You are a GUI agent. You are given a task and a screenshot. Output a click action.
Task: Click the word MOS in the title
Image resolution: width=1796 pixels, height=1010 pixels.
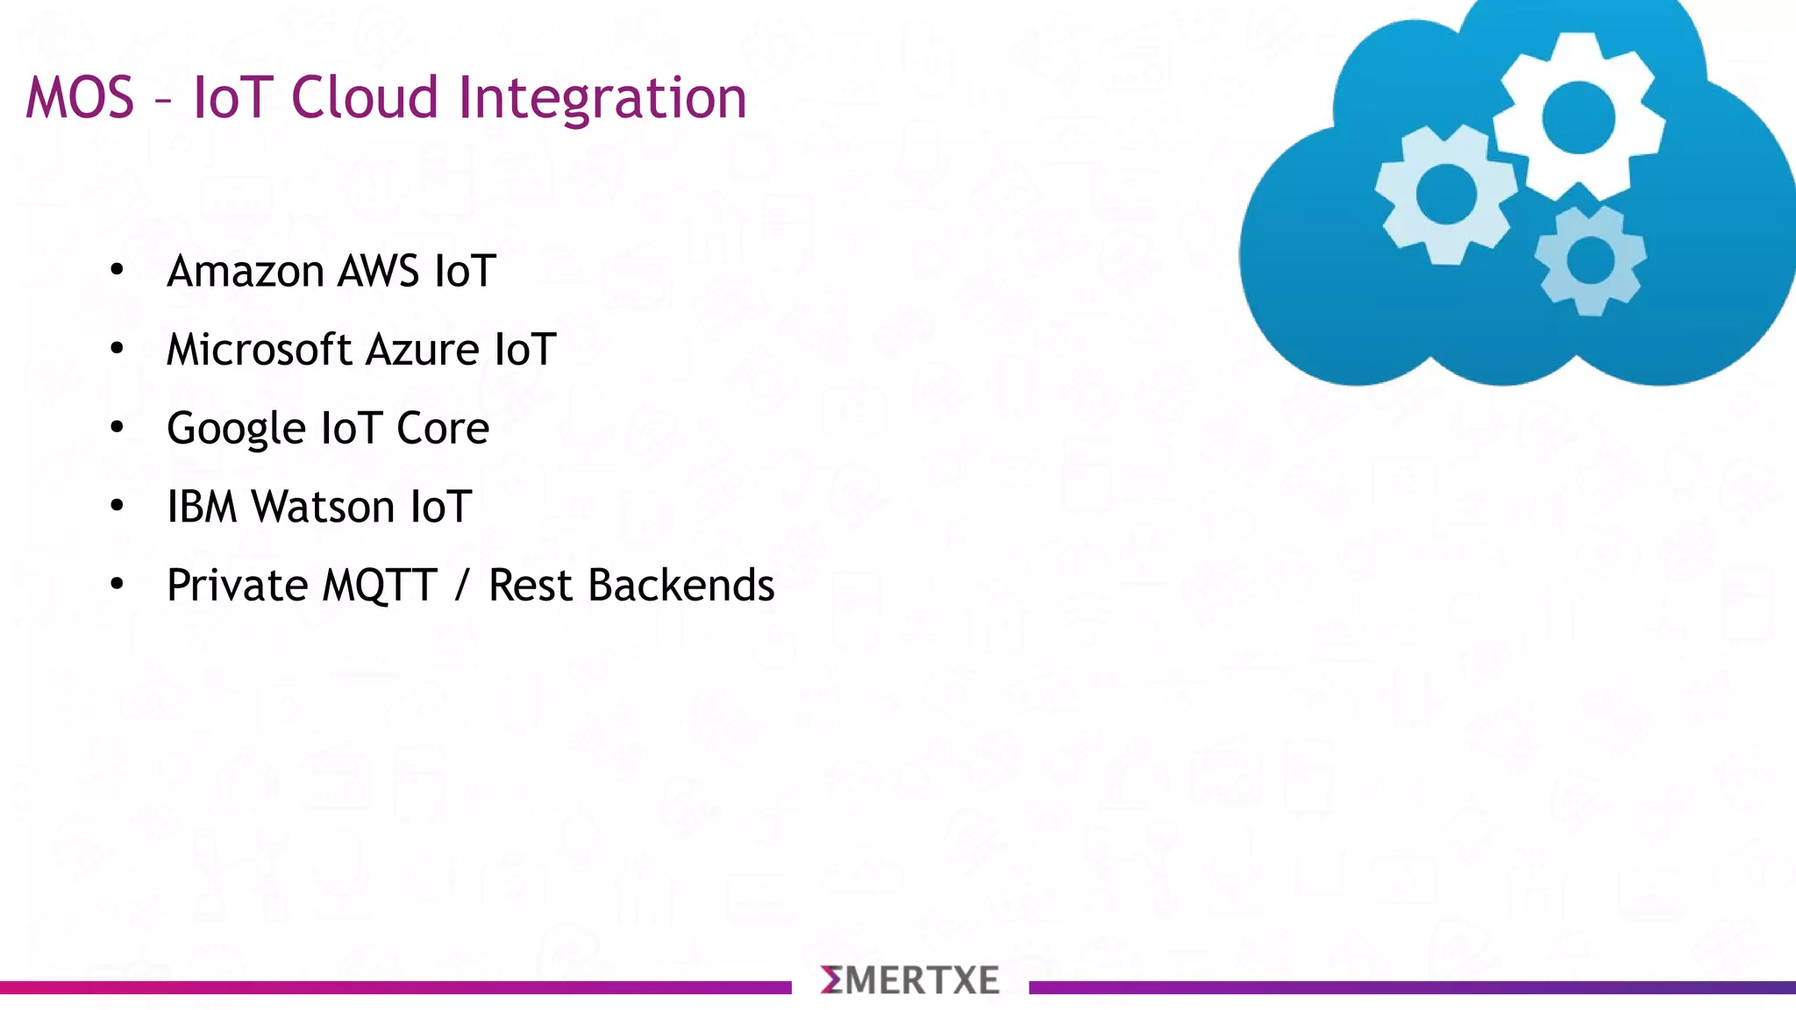pyautogui.click(x=80, y=97)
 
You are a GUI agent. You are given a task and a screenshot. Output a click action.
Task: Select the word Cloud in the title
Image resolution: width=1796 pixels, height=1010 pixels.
pyautogui.click(x=364, y=97)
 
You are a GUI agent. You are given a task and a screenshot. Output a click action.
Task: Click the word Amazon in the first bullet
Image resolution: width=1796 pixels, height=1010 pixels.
pyautogui.click(x=246, y=271)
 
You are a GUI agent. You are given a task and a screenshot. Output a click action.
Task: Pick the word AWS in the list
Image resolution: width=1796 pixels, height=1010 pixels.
pyautogui.click(x=378, y=271)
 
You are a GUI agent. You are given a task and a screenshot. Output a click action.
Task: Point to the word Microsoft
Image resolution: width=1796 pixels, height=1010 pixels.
pyautogui.click(x=259, y=350)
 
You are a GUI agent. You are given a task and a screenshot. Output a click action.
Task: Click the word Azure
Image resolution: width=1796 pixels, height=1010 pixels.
pyautogui.click(x=423, y=350)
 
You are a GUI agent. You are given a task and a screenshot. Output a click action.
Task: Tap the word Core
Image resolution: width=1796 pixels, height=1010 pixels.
pyautogui.click(x=443, y=429)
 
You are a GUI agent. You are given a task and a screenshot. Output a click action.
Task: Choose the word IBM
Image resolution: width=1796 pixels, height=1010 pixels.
pyautogui.click(x=202, y=507)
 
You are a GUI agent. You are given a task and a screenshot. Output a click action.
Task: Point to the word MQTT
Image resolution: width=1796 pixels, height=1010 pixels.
pyautogui.click(x=380, y=586)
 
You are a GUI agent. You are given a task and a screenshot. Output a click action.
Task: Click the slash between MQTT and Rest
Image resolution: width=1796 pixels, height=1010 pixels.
pyautogui.click(x=462, y=586)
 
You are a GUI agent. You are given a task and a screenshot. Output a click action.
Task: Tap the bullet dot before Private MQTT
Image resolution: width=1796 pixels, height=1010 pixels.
pyautogui.click(x=118, y=584)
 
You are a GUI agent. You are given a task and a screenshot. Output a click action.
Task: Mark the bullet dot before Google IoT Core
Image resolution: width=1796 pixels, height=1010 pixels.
pyautogui.click(x=118, y=427)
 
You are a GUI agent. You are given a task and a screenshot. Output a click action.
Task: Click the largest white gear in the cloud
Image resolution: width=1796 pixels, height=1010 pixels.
pyautogui.click(x=1579, y=117)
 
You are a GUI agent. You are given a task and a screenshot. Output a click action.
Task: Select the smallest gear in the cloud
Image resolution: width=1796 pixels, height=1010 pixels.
pyautogui.click(x=1590, y=261)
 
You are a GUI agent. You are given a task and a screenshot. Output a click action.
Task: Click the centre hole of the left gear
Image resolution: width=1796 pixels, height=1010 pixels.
pyautogui.click(x=1446, y=195)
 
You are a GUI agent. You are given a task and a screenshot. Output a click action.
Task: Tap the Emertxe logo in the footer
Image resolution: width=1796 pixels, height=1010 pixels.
pyautogui.click(x=909, y=980)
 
